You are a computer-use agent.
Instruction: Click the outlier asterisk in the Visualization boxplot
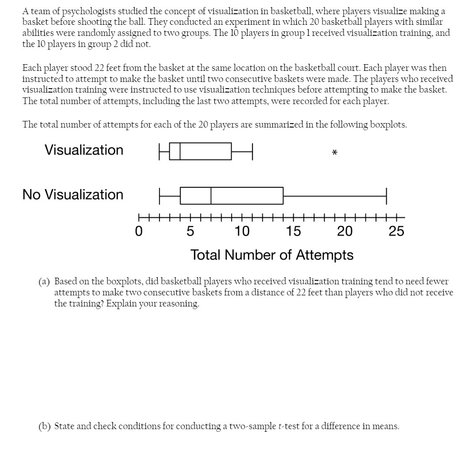[334, 153]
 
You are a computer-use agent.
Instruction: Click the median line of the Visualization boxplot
[180, 151]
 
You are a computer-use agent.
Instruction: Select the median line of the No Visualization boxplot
[211, 196]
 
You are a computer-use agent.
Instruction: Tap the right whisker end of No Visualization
[386, 196]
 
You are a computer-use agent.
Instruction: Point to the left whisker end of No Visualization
[159, 196]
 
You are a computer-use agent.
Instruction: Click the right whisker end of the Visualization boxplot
[252, 151]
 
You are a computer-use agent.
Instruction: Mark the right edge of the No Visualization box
[283, 196]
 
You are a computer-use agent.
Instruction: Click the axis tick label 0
[139, 231]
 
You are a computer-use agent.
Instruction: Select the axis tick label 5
[190, 231]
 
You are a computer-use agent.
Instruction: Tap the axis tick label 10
[242, 231]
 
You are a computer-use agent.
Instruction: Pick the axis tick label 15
[293, 231]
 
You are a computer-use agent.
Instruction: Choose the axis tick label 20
[345, 231]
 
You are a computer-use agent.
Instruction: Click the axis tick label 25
[396, 231]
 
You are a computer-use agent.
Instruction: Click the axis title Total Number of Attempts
[272, 255]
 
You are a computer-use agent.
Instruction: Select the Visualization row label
[84, 150]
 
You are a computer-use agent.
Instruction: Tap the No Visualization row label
[73, 194]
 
